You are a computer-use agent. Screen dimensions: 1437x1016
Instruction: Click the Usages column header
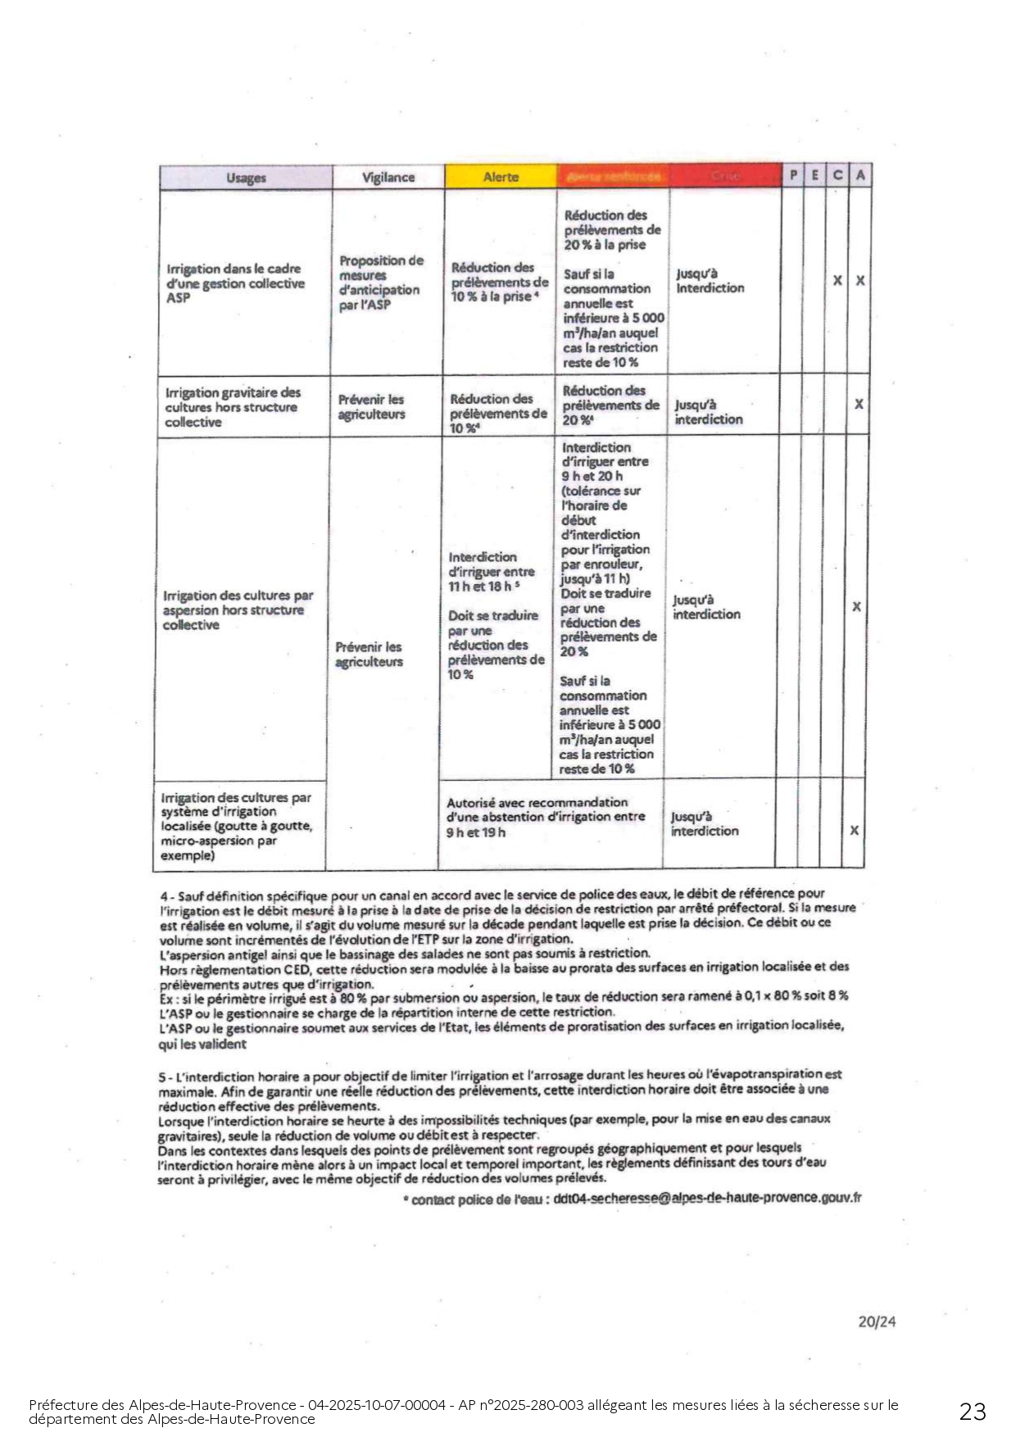pos(245,178)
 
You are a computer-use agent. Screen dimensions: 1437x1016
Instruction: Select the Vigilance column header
pos(388,177)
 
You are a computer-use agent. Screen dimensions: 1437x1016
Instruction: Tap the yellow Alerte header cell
pos(501,177)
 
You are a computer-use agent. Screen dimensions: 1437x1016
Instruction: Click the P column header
pos(793,175)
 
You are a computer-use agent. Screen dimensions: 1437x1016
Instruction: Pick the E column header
pos(814,175)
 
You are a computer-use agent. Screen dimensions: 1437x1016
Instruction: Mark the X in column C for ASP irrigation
pos(837,280)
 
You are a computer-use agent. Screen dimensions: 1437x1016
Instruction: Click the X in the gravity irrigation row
pos(859,404)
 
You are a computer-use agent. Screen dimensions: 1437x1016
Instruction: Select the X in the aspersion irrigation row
pos(856,607)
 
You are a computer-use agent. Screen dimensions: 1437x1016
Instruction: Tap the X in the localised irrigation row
pos(854,831)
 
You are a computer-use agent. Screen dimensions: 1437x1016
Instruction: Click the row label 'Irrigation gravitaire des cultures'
pos(233,407)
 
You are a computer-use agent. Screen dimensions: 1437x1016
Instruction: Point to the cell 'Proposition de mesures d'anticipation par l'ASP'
pos(381,283)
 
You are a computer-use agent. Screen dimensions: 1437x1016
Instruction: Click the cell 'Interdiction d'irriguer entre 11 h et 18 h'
pos(491,571)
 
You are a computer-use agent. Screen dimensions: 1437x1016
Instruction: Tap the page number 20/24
pos(877,1321)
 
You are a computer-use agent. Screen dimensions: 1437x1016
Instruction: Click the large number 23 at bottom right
pos(973,1411)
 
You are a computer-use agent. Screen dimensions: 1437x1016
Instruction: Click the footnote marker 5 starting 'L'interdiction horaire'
pos(162,1075)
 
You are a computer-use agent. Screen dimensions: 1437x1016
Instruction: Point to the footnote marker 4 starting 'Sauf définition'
pos(164,895)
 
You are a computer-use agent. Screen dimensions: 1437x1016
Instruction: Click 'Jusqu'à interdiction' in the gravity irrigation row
pos(708,412)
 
